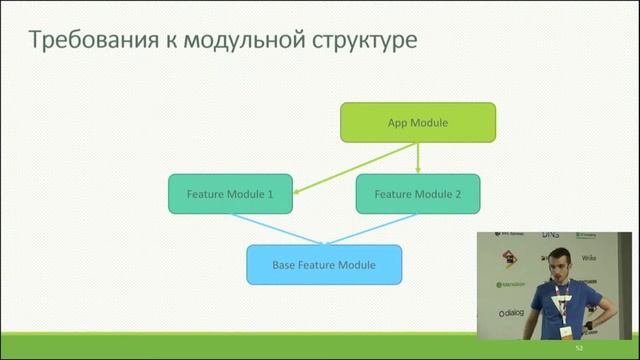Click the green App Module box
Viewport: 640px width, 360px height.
click(417, 123)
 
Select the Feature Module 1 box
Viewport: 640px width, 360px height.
click(230, 193)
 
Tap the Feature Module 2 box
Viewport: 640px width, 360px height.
click(417, 193)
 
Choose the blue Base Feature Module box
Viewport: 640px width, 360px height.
click(324, 265)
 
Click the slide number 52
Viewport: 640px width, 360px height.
click(578, 348)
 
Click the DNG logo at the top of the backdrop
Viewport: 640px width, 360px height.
click(549, 235)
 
